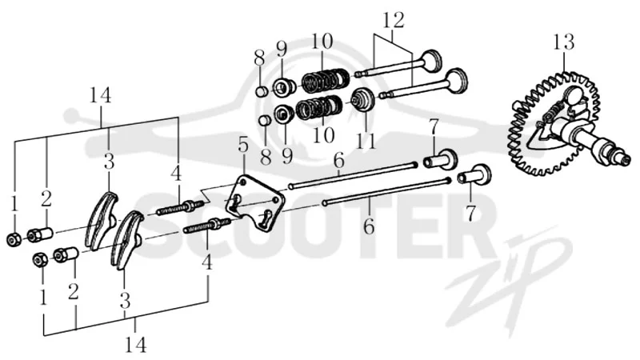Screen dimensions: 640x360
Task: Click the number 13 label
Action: click(564, 42)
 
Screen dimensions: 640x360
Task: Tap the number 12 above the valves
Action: click(394, 20)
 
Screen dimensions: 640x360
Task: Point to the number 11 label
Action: click(366, 140)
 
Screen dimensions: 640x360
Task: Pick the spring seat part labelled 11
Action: click(362, 99)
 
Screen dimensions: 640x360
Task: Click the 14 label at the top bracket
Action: click(101, 96)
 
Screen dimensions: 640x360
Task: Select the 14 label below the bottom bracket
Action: click(135, 346)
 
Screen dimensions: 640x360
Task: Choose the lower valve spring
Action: click(319, 107)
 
